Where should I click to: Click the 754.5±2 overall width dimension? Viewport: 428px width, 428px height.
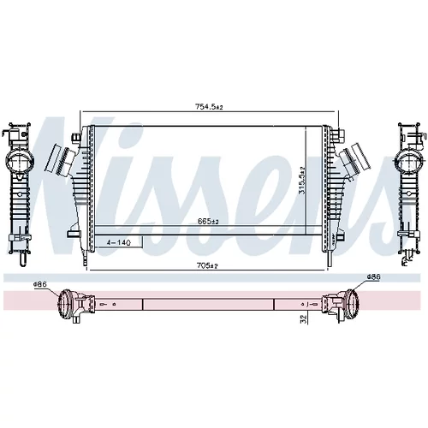(209, 107)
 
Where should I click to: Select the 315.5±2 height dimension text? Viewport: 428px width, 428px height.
(302, 181)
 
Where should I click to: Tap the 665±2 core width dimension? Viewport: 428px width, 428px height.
(208, 221)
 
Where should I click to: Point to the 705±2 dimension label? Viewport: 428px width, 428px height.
(207, 265)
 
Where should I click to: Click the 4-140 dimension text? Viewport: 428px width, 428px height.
(118, 243)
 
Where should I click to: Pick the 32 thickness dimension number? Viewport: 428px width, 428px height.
(304, 319)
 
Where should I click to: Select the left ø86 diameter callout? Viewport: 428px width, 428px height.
(40, 284)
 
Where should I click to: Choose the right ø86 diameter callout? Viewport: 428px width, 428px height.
(373, 276)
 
